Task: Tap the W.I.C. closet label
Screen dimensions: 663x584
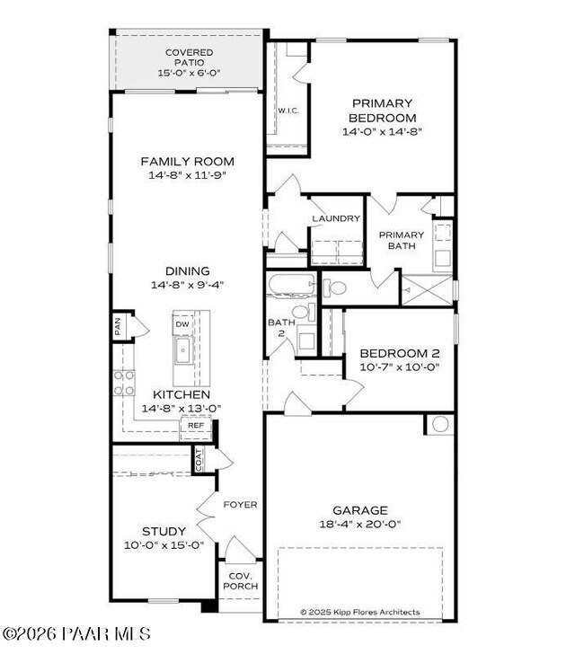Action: pos(288,110)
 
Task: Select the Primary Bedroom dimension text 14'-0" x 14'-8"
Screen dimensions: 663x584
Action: pos(383,132)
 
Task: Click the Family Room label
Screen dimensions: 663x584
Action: pos(188,162)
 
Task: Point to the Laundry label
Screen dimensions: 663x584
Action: pos(336,218)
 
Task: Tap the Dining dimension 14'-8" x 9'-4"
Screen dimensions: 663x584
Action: pos(188,285)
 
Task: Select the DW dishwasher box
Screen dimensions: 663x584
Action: pos(182,324)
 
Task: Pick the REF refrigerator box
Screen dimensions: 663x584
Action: pos(196,425)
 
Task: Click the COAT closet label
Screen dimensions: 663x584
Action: pos(199,459)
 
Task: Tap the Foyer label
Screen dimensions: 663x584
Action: pos(240,505)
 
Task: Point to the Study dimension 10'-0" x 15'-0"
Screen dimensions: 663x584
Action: pos(164,544)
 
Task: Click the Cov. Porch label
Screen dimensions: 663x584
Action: pos(240,580)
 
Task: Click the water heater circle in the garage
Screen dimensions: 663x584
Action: pos(440,425)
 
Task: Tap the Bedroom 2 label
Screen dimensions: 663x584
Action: pos(399,353)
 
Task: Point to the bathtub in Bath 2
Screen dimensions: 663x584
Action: pos(290,287)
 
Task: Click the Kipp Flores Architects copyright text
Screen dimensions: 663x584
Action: pos(359,612)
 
